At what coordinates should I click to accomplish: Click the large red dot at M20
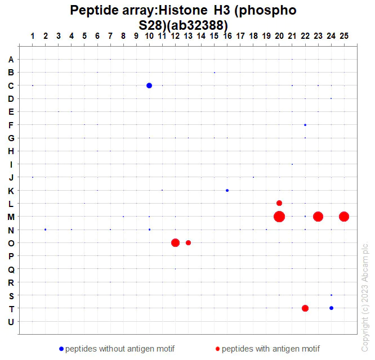click(279, 217)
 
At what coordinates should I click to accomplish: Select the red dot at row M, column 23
click(318, 217)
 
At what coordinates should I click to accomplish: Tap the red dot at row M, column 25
click(344, 217)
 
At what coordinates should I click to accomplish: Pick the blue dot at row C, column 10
click(149, 85)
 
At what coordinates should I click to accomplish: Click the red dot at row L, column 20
click(279, 203)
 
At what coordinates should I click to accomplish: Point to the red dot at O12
click(175, 243)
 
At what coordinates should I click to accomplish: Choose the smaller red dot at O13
click(188, 243)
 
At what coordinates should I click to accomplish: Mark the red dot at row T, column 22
click(305, 308)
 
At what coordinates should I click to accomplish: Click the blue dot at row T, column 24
click(331, 308)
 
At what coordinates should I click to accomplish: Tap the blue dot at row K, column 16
click(227, 190)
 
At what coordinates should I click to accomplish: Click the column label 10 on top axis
click(149, 37)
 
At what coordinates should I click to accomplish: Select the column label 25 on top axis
click(344, 37)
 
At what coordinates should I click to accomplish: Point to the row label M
click(11, 217)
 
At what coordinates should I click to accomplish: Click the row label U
click(11, 322)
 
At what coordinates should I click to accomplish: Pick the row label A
click(11, 60)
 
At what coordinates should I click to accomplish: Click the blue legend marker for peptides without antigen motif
click(61, 349)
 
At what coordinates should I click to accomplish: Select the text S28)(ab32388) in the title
click(183, 25)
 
